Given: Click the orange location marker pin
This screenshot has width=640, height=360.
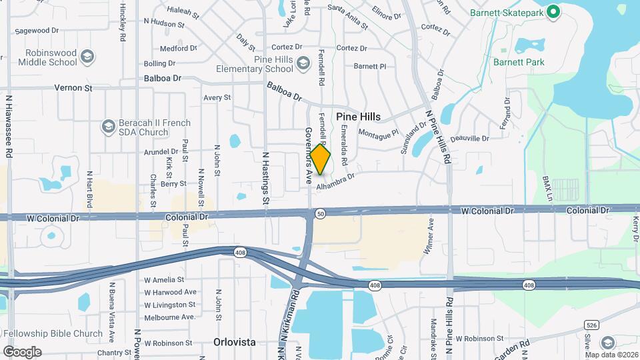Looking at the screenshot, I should pyautogui.click(x=320, y=160).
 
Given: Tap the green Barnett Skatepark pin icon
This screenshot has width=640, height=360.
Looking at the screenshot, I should pyautogui.click(x=553, y=12).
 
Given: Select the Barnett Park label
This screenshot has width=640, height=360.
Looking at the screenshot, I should pyautogui.click(x=519, y=62).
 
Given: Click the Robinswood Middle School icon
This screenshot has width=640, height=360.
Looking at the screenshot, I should pyautogui.click(x=87, y=57).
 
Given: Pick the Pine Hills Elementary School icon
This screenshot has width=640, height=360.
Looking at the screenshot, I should pyautogui.click(x=303, y=63).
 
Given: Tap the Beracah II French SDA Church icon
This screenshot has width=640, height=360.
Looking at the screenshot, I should pyautogui.click(x=108, y=127).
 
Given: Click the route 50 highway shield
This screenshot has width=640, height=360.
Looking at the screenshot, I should pyautogui.click(x=321, y=213).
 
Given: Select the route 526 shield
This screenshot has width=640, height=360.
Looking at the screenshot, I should pyautogui.click(x=590, y=324).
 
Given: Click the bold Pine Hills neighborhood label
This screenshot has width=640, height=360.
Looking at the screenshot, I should pyautogui.click(x=358, y=117).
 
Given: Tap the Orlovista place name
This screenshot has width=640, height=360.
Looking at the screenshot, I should pyautogui.click(x=234, y=342).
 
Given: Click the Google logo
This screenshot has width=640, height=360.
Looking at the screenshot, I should pyautogui.click(x=22, y=351).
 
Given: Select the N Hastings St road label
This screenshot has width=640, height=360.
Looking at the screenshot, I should pyautogui.click(x=265, y=177).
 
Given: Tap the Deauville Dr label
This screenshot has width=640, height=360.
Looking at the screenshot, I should pyautogui.click(x=469, y=139).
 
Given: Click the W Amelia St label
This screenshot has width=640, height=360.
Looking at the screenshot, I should pyautogui.click(x=164, y=280).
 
